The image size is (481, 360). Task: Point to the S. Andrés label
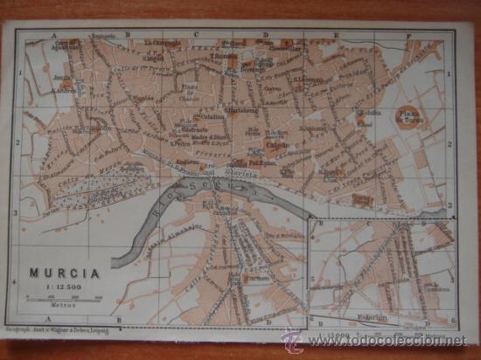point(63,89)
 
